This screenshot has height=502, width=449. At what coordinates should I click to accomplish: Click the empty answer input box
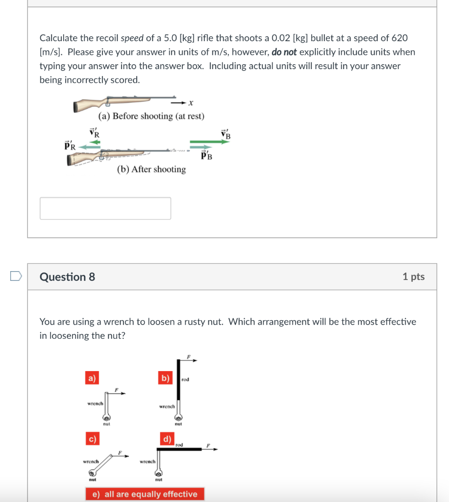coord(105,208)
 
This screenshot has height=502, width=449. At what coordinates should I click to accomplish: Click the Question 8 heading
coord(67,277)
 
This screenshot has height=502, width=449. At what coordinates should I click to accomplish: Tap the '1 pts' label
coord(413,276)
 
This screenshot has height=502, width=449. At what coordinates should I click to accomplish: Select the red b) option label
coord(165,378)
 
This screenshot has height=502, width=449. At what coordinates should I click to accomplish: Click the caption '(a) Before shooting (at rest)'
coord(151,116)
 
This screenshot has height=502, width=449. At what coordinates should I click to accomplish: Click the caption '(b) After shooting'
coord(151,169)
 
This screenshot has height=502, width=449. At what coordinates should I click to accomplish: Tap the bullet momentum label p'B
coord(207,156)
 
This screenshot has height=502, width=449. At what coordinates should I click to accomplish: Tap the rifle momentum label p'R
coord(70,145)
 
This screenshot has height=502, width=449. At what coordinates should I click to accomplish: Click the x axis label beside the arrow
coord(191,103)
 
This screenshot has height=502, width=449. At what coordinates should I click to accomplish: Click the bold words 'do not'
coord(284,52)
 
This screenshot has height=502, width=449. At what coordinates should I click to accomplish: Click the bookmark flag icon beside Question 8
coord(16,277)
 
